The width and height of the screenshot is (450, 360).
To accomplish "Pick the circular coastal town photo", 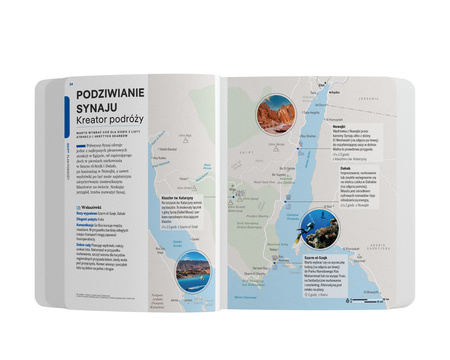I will point(191,269).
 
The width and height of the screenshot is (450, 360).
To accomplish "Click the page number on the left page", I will point(70,83).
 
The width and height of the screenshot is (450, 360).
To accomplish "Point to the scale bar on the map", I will point(355,298).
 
